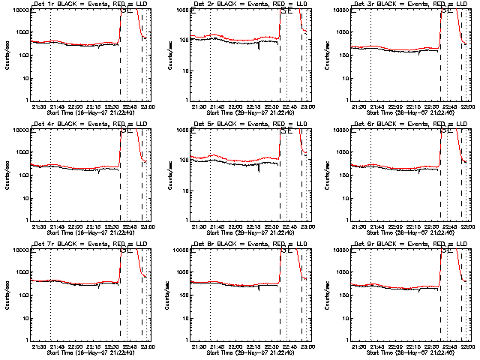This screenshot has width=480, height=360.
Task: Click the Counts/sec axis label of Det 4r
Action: (9, 175)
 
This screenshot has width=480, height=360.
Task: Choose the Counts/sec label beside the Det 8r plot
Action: (169, 295)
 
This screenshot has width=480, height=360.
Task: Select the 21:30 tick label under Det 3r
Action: (360, 106)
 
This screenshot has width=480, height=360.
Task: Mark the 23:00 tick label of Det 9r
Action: (466, 346)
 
